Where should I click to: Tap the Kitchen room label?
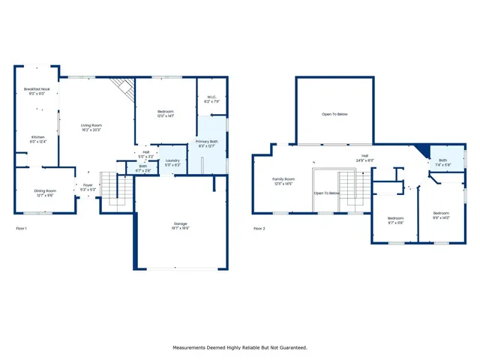click(37, 137)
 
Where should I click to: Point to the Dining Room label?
click(45, 191)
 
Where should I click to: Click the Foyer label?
click(88, 184)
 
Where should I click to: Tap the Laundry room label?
click(172, 160)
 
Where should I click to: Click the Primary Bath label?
click(207, 142)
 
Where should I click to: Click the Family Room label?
click(283, 179)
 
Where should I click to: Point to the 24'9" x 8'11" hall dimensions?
click(365, 160)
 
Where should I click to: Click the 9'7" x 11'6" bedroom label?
click(395, 219)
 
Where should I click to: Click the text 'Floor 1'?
click(21, 227)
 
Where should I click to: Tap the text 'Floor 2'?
click(259, 227)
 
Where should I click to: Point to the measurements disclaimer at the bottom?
click(240, 347)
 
